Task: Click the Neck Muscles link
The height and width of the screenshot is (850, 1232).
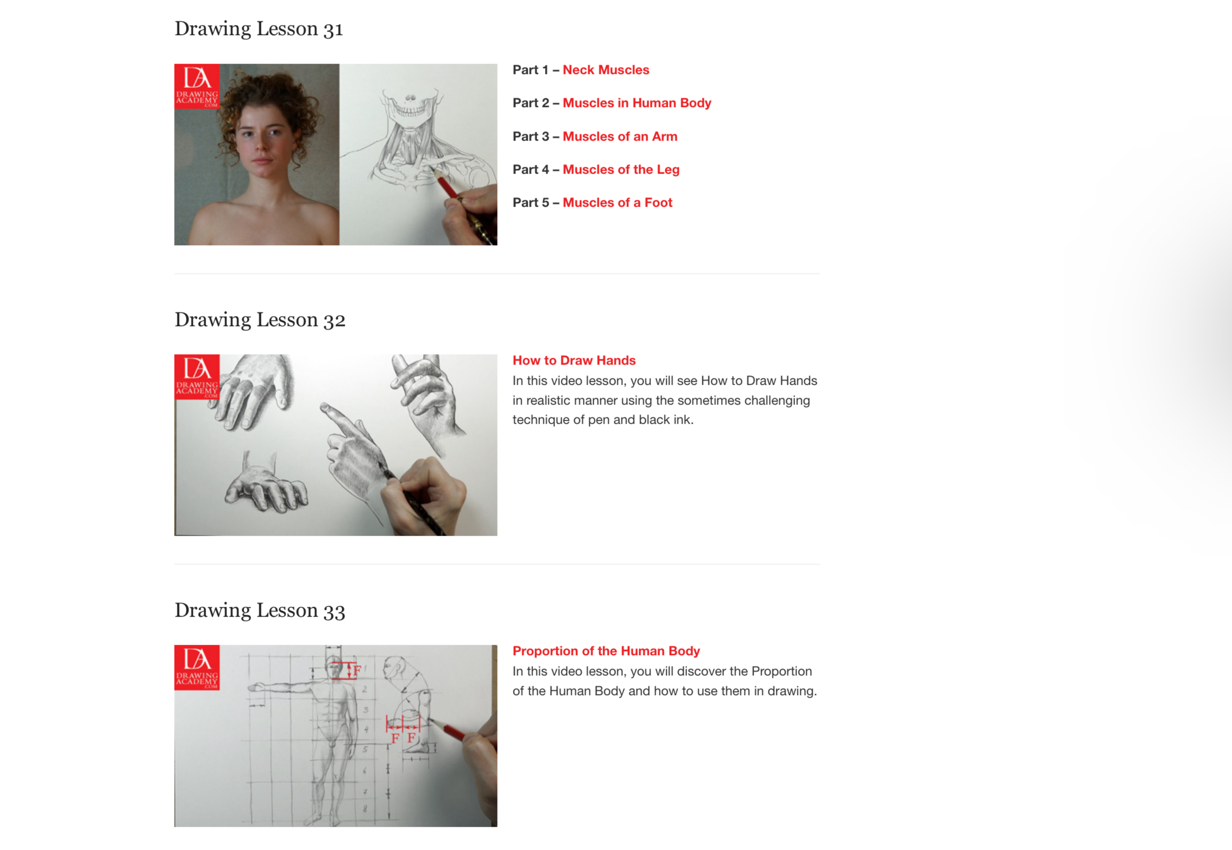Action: click(x=606, y=70)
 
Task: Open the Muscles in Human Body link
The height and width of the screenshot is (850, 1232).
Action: click(x=637, y=103)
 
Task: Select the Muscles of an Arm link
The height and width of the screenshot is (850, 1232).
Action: click(x=620, y=136)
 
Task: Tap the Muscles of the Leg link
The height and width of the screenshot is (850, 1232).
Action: click(x=621, y=169)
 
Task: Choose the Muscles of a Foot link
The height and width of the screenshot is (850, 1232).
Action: click(x=617, y=202)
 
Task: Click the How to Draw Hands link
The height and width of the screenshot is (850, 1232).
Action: click(x=574, y=361)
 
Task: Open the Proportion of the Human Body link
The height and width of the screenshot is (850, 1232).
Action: click(x=606, y=651)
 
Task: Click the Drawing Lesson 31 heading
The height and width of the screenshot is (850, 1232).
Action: click(x=259, y=29)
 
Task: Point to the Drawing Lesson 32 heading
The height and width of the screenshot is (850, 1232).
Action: click(x=260, y=320)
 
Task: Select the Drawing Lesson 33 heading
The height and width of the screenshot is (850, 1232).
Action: click(x=260, y=610)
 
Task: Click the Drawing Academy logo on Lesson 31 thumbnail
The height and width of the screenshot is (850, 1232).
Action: click(x=197, y=86)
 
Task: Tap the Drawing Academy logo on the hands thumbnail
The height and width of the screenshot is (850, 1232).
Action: click(x=197, y=377)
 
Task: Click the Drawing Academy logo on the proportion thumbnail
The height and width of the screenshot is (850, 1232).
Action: click(x=197, y=668)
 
